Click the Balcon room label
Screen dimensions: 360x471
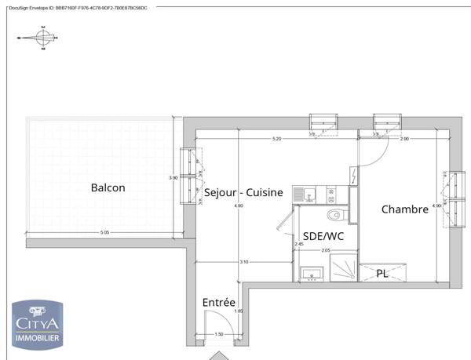[108, 188]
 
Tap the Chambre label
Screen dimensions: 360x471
[404, 209]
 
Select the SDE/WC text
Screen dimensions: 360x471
[323, 236]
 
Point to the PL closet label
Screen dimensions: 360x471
[382, 274]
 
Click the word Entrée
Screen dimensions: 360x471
[219, 302]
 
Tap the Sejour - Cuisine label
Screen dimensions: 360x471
[243, 193]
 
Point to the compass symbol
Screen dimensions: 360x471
[42, 35]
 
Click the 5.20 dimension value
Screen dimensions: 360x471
[276, 139]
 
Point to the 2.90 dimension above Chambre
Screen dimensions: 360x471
[404, 139]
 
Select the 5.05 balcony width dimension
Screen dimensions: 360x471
[104, 233]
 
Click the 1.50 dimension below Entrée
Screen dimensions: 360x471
[218, 334]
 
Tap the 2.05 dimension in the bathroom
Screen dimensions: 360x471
[325, 249]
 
